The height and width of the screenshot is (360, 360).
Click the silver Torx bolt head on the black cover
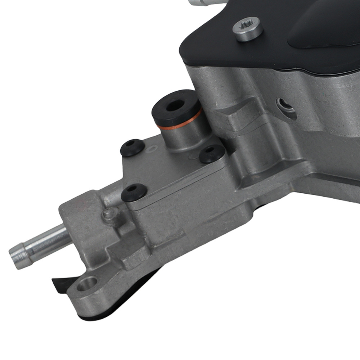coord(247,29)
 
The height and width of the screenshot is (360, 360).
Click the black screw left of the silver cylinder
coord(132,147)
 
